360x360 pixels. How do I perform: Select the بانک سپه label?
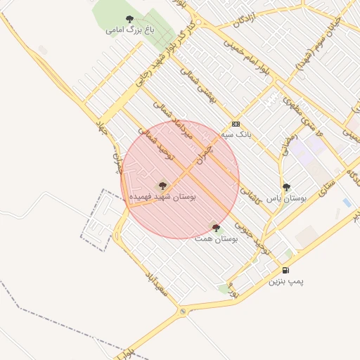click(235, 132)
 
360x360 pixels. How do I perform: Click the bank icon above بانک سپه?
click(236, 122)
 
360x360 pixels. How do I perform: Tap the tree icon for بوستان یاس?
click(286, 187)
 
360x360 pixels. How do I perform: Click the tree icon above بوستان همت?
click(216, 228)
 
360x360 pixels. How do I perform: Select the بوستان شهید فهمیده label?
click(162, 198)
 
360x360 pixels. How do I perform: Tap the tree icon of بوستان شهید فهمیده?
click(162, 186)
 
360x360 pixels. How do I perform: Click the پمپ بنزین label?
click(286, 281)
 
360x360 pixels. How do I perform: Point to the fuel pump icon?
click(285, 270)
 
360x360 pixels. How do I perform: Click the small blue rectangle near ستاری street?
click(347, 202)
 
